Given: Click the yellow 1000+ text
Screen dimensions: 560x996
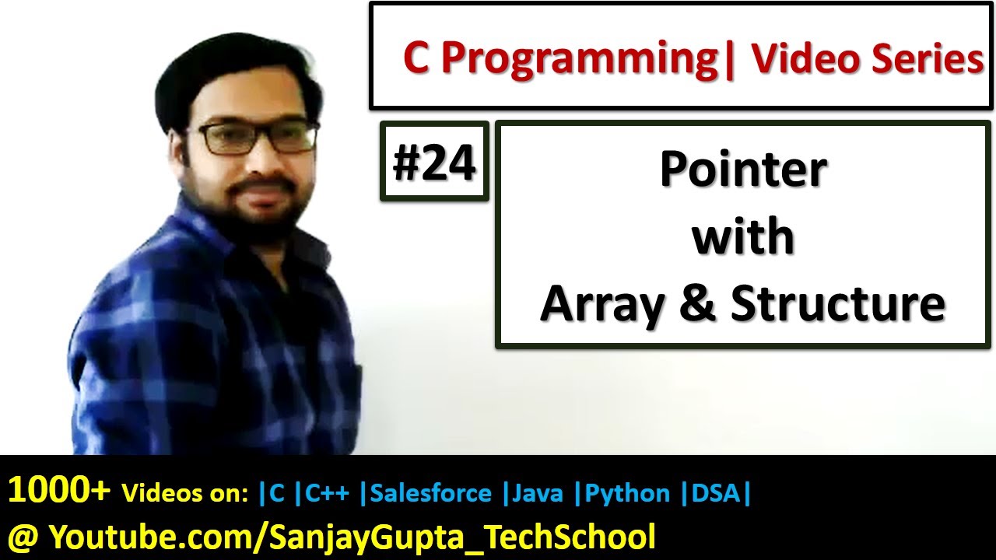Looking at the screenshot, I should [59, 492].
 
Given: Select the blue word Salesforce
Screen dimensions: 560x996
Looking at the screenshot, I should [431, 493].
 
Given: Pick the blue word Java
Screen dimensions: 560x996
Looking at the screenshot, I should [538, 493].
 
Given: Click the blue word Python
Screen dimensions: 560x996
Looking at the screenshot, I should [626, 493].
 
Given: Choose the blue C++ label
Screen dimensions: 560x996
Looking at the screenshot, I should [328, 493].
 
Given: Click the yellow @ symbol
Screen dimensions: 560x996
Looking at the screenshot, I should [23, 537].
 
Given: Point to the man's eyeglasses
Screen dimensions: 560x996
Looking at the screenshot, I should [257, 138].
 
